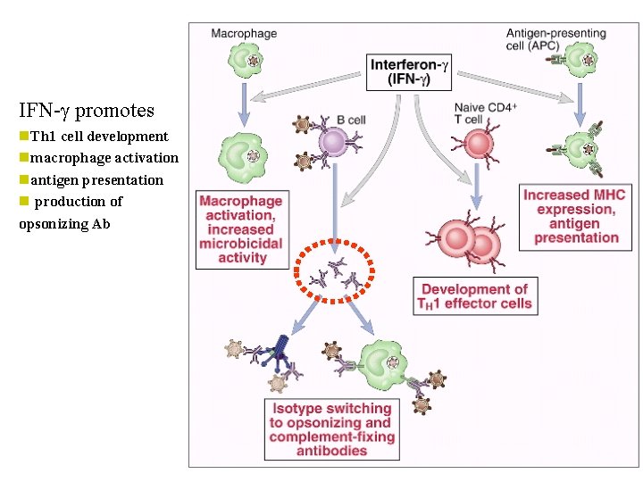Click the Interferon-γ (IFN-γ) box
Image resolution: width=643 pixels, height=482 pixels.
(409, 71)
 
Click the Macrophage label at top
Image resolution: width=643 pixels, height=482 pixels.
(244, 34)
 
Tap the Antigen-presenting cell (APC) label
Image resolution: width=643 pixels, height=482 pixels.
(555, 39)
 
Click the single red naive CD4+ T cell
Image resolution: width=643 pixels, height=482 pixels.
(476, 144)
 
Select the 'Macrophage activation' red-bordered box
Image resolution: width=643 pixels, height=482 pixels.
(242, 229)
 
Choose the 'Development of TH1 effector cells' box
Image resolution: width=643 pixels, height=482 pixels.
(474, 296)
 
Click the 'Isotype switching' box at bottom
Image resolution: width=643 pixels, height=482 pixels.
(331, 429)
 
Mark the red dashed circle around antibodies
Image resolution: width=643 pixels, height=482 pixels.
(336, 272)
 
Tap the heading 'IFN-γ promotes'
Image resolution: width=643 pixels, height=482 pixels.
(87, 111)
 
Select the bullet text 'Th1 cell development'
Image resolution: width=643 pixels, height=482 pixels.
(98, 137)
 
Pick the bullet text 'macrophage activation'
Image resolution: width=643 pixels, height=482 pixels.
(104, 158)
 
